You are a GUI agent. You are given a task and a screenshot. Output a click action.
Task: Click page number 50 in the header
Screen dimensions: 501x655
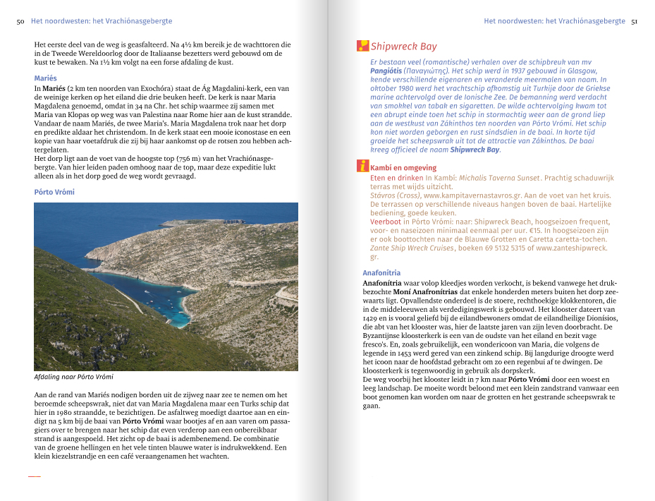(20, 22)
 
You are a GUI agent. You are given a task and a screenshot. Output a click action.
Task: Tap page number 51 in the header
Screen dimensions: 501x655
(635, 21)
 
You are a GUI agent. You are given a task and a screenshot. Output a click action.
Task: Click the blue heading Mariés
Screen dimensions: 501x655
(46, 78)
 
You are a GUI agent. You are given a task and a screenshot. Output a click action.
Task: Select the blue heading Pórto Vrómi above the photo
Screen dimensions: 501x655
(54, 192)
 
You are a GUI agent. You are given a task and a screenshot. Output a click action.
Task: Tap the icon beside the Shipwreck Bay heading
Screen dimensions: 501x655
(363, 47)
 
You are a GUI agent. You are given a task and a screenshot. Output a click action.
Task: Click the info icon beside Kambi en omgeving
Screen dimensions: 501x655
(363, 167)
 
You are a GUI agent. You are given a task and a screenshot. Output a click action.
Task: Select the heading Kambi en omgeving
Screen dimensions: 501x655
(403, 168)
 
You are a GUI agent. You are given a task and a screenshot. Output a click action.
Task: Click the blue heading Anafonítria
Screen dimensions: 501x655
(381, 272)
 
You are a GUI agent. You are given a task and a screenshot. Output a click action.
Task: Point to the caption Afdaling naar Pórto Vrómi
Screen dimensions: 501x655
(74, 377)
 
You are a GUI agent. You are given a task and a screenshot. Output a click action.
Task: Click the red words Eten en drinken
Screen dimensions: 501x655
(396, 178)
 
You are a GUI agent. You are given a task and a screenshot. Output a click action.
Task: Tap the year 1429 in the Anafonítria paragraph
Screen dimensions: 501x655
(371, 318)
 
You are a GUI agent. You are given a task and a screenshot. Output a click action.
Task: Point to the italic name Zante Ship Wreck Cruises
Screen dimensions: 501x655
(412, 248)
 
